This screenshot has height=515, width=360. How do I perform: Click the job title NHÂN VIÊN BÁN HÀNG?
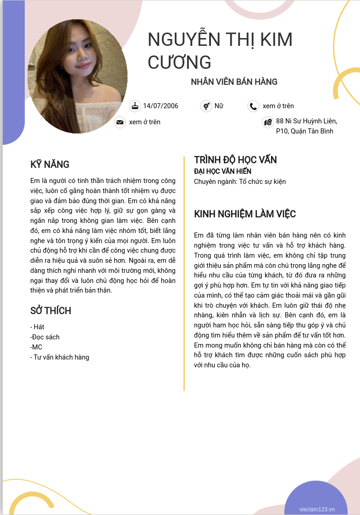tap(234, 82)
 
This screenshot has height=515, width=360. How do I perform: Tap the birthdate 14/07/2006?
tap(161, 106)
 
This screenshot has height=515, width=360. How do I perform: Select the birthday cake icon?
tap(135, 106)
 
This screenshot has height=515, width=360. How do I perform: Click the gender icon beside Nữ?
tap(206, 106)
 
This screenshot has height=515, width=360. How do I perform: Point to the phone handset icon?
tap(253, 106)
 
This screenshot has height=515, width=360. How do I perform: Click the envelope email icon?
tap(120, 122)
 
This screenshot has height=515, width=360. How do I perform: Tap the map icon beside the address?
tap(268, 122)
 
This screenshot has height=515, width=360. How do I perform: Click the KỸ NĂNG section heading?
tap(50, 164)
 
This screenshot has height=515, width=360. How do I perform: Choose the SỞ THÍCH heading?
tap(50, 311)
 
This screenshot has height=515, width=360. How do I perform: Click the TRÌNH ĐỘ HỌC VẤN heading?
tap(235, 160)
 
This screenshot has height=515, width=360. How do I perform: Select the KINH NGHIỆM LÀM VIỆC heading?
tap(245, 214)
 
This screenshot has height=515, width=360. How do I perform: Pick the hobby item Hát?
tap(38, 327)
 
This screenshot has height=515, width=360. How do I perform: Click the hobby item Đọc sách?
tap(45, 337)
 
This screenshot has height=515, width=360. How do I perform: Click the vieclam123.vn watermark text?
tap(317, 509)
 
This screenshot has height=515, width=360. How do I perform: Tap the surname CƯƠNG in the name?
tap(179, 61)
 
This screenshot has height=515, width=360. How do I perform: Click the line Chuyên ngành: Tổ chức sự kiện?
tap(240, 182)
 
